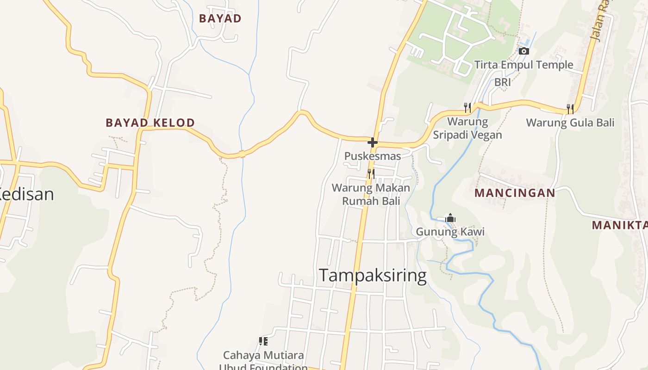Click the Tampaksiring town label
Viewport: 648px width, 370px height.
tap(373, 276)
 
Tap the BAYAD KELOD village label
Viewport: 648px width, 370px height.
tap(150, 123)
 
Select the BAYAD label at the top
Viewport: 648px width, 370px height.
tap(220, 18)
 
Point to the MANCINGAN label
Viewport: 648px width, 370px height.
tap(515, 193)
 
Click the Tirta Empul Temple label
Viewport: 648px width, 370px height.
tap(523, 65)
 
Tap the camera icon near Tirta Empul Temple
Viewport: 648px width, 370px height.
tap(523, 51)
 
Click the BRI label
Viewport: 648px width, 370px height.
tap(503, 82)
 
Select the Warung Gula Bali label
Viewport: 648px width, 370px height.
tap(570, 123)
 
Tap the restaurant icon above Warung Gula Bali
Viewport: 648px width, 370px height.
tap(570, 109)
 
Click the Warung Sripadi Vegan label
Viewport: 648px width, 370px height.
tap(467, 128)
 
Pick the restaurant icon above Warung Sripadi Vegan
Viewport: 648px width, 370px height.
tap(467, 108)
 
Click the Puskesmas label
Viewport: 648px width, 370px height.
tap(373, 156)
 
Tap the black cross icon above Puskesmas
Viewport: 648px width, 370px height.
tap(373, 142)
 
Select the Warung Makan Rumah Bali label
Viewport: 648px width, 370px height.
tap(371, 194)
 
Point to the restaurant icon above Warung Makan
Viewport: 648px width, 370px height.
tap(371, 173)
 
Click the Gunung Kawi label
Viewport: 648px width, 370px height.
tap(450, 232)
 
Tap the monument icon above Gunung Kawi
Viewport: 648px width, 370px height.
tap(450, 218)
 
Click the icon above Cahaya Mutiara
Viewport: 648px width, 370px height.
tap(263, 341)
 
